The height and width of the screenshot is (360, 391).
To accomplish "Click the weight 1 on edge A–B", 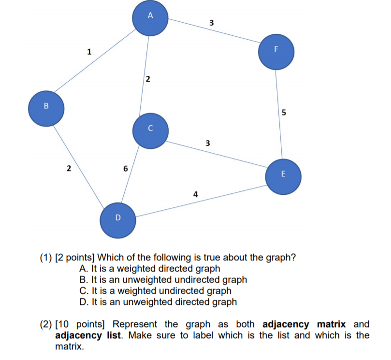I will [x=89, y=51].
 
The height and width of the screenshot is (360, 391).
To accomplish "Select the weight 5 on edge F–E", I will [x=284, y=113].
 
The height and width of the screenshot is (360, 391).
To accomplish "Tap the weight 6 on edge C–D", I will [x=125, y=169].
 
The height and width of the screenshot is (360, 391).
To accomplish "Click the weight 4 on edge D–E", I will [x=195, y=194].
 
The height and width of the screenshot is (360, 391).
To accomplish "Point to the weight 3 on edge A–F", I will [x=211, y=23].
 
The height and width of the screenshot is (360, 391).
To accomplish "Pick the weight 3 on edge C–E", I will [x=207, y=143].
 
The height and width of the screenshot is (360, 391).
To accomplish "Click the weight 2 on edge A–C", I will [x=148, y=78].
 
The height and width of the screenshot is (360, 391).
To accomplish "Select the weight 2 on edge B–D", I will [x=69, y=169].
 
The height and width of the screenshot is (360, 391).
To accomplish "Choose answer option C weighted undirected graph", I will [x=155, y=291].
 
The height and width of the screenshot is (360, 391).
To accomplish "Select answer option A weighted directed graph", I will [x=150, y=269].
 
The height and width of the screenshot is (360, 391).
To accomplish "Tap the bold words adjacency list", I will [x=86, y=335].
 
